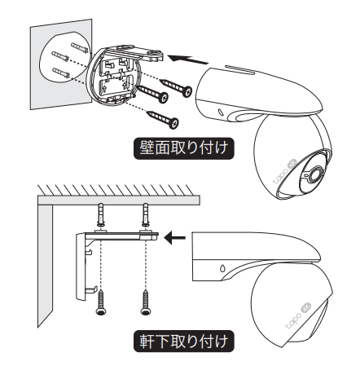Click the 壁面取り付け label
click(x=183, y=148)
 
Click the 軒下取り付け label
click(x=183, y=341)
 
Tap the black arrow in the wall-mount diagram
click(x=187, y=59)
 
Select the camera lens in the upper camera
click(x=315, y=173)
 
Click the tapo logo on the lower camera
click(x=294, y=321)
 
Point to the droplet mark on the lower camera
click(x=222, y=268)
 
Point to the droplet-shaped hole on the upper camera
click(x=219, y=112)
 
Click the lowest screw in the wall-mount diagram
click(x=163, y=120)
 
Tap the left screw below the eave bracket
click(x=101, y=302)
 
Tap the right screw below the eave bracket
click(x=145, y=302)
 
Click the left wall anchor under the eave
click(x=101, y=215)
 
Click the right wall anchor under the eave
click(x=146, y=215)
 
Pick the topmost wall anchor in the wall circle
click(x=80, y=48)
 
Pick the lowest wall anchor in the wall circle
click(x=61, y=73)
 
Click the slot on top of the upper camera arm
click(x=239, y=68)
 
